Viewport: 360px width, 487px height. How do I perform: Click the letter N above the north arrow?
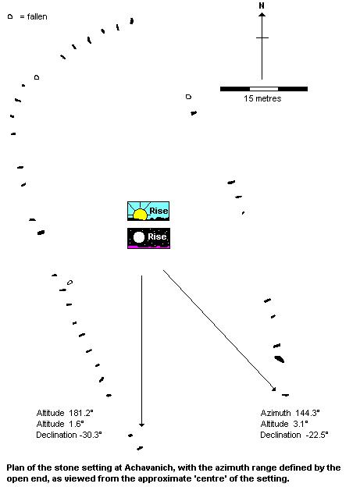click(x=262, y=5)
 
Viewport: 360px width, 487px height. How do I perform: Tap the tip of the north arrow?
click(x=262, y=12)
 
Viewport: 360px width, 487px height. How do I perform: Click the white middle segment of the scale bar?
click(x=264, y=89)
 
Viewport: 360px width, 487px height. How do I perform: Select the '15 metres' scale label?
click(x=262, y=98)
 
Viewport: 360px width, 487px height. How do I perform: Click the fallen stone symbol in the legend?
click(x=10, y=16)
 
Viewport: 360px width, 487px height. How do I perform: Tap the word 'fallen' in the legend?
click(x=37, y=16)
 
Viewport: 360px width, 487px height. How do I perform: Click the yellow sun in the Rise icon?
click(x=140, y=214)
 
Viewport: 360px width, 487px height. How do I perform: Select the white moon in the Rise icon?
click(x=139, y=237)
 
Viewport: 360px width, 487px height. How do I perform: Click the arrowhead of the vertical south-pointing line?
click(x=142, y=425)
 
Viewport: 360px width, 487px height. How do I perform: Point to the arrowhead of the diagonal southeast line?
click(x=273, y=389)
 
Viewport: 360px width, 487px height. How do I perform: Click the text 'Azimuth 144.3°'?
click(x=290, y=413)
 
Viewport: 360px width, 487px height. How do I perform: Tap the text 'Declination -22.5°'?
click(x=294, y=435)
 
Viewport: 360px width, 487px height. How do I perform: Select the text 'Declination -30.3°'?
click(x=69, y=435)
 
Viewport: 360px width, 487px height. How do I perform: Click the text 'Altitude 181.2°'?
click(x=65, y=413)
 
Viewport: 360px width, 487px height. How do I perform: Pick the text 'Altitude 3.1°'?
click(x=284, y=424)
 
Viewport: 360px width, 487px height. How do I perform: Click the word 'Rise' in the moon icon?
click(x=157, y=236)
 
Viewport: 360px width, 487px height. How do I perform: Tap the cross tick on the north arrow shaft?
click(x=262, y=38)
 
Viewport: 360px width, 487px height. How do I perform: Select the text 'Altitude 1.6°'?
click(x=60, y=424)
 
